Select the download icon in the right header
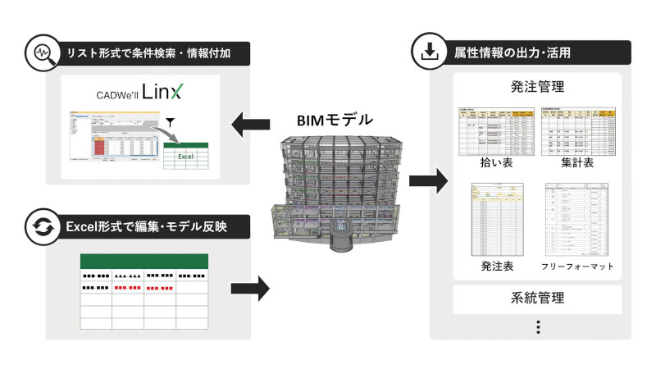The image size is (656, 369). point(427,54)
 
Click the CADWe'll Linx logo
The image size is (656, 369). point(140,91)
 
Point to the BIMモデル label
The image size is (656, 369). point(334,119)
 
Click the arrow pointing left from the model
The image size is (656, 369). point(251,126)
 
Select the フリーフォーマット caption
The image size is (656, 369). point(577,266)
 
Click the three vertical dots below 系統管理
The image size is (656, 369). point(538,326)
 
